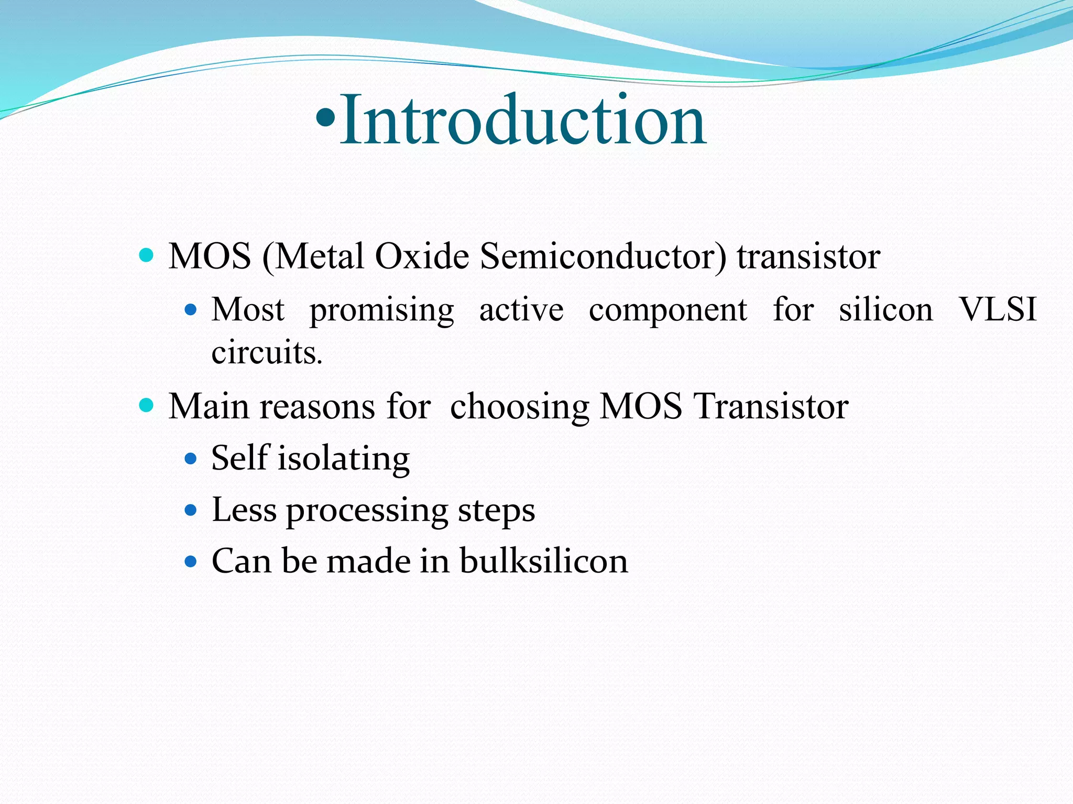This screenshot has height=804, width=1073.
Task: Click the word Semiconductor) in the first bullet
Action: pos(603,257)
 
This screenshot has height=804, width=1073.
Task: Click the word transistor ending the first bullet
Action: pos(808,257)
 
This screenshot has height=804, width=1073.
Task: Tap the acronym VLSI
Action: pos(998,309)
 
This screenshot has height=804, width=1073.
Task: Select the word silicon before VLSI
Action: pos(886,309)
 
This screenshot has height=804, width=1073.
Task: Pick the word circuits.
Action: pos(266,352)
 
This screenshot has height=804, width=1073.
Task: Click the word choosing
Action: pos(520,407)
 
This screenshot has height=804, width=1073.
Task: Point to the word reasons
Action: pos(317,407)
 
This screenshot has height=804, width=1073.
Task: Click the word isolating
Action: pos(343,459)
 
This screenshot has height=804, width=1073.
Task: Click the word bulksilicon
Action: pos(544,561)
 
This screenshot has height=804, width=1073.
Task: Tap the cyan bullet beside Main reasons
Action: pos(147,405)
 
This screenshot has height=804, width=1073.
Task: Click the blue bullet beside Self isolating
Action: pos(191,460)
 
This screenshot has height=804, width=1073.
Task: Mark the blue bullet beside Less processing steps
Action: pos(191,510)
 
